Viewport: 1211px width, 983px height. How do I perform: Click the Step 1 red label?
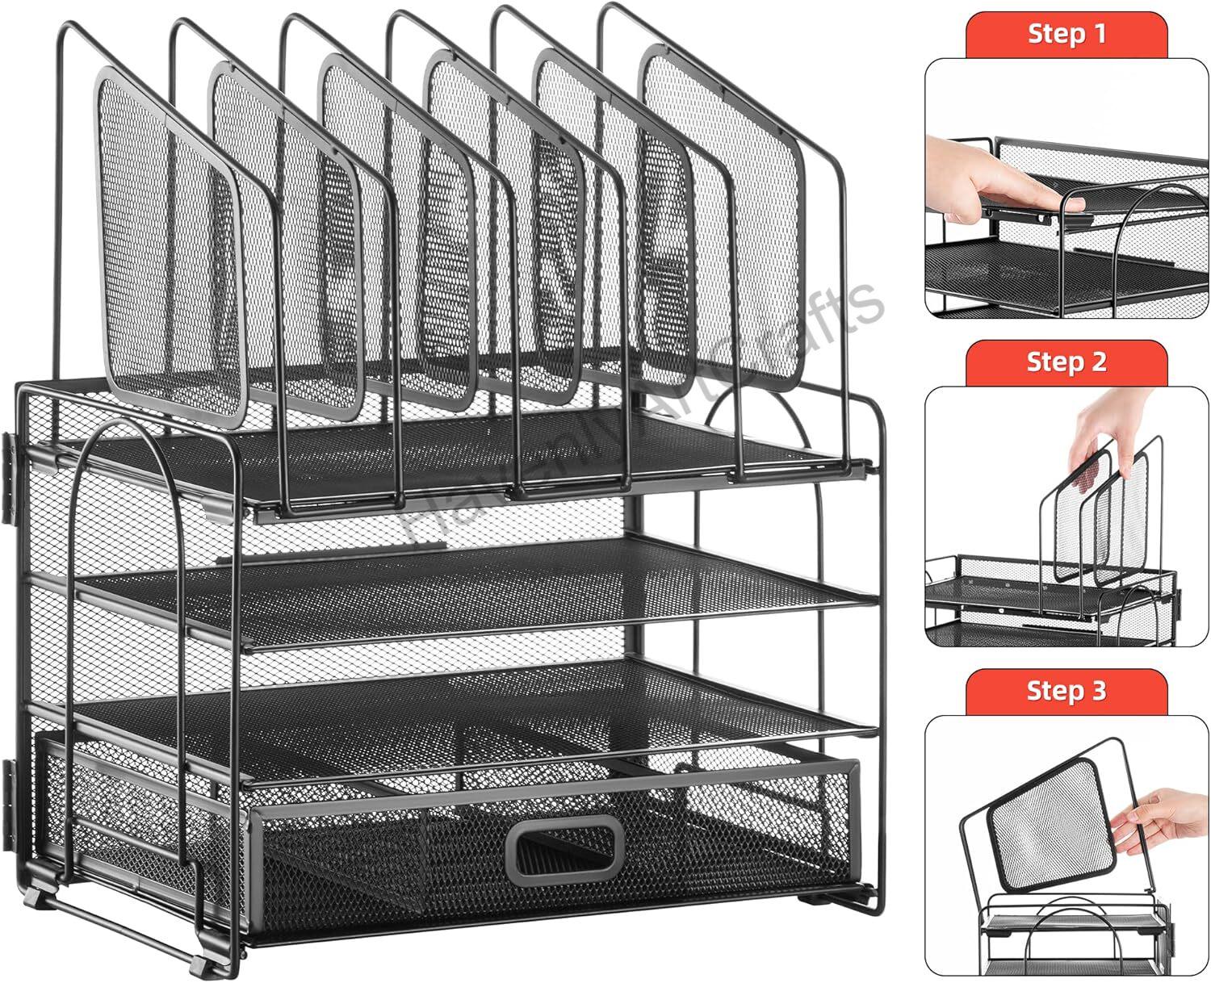click(x=1066, y=34)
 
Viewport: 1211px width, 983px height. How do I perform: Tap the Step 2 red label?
click(x=1066, y=362)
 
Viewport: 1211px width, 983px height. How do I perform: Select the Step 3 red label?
click(x=1066, y=691)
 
